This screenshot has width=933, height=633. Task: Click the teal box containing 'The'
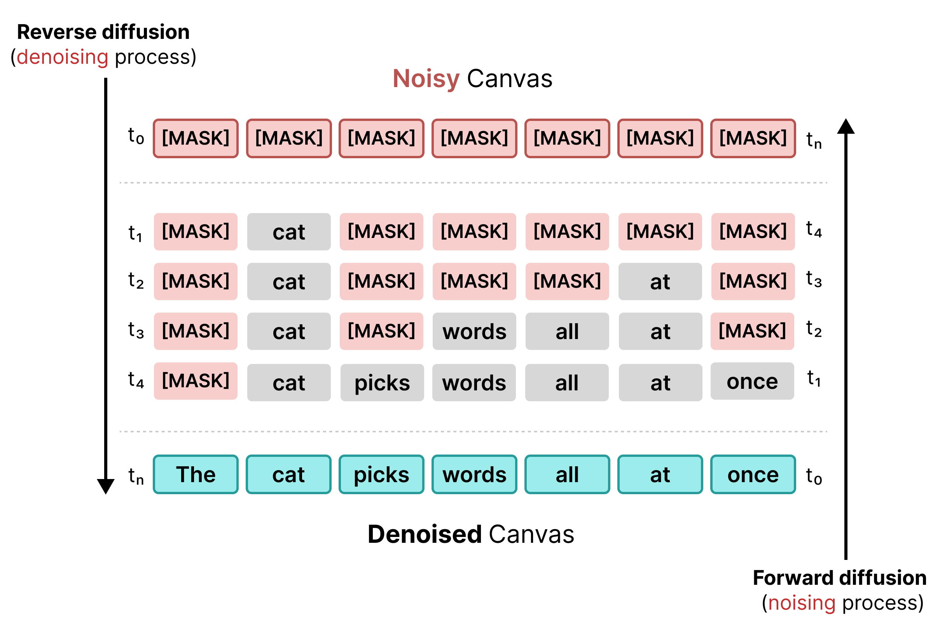(196, 474)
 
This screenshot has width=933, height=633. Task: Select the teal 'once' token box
(753, 474)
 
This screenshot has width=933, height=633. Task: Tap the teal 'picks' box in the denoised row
(381, 474)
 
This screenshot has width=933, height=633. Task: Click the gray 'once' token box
(752, 381)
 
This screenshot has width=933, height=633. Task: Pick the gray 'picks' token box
(382, 382)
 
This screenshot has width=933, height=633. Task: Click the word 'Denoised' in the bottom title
(425, 534)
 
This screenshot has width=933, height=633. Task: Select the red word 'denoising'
(62, 57)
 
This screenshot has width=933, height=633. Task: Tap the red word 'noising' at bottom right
(802, 603)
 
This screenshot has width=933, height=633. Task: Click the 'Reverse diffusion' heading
(103, 32)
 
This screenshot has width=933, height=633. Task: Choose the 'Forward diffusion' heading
(839, 577)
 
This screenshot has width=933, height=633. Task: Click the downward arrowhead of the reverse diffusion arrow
(106, 486)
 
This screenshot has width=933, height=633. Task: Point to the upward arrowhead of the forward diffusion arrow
(846, 126)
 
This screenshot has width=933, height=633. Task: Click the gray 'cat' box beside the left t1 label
(289, 232)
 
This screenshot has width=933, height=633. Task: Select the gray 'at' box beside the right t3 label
(660, 282)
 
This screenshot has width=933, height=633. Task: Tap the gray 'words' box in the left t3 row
(474, 331)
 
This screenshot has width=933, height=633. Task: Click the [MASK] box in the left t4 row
(196, 381)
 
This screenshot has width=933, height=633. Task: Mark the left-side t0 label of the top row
(136, 136)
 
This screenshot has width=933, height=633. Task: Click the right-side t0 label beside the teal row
(814, 476)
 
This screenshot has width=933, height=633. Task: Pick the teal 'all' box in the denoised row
(567, 474)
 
